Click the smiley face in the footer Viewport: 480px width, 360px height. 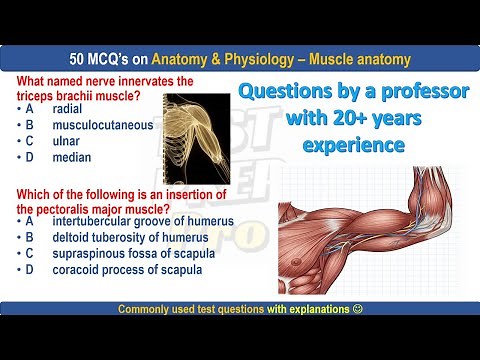pyautogui.click(x=359, y=309)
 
